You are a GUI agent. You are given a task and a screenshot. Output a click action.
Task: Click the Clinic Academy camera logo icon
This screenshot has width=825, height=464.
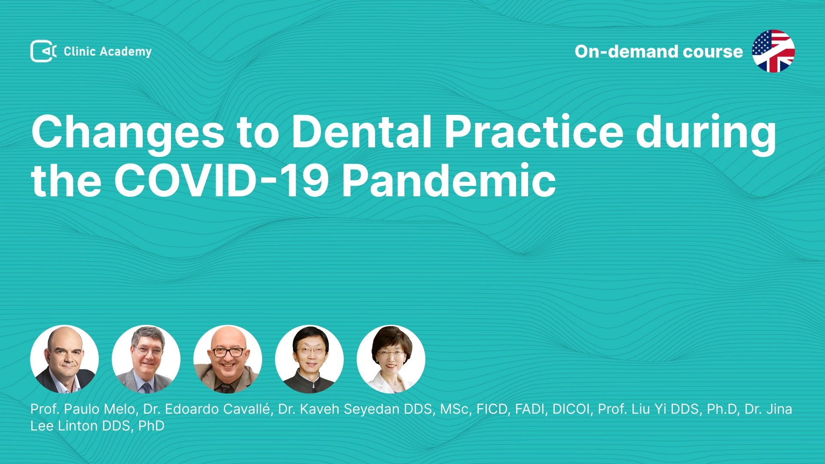pos(43,51)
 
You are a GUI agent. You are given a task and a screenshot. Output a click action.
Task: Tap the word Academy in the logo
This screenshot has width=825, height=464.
pos(125,52)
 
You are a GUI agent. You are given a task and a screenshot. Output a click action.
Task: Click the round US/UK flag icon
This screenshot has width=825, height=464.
pos(773,51)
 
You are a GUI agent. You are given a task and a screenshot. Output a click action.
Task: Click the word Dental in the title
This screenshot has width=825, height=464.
pos(362,131)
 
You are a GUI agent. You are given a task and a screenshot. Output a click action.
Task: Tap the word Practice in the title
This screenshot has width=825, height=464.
pos(534,131)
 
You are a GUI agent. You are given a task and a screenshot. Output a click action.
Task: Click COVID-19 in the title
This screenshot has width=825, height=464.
pos(221,180)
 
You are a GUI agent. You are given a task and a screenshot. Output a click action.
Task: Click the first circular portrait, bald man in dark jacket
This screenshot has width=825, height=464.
pos(64,359)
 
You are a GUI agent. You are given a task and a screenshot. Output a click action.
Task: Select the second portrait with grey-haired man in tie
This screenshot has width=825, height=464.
pos(146,359)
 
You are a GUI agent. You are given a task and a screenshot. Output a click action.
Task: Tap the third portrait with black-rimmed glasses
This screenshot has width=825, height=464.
pos(228,359)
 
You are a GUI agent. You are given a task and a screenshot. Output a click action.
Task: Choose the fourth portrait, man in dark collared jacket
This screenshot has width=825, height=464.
pos(309,359)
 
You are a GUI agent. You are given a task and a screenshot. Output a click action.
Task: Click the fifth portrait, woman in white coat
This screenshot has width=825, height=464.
pos(391,359)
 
